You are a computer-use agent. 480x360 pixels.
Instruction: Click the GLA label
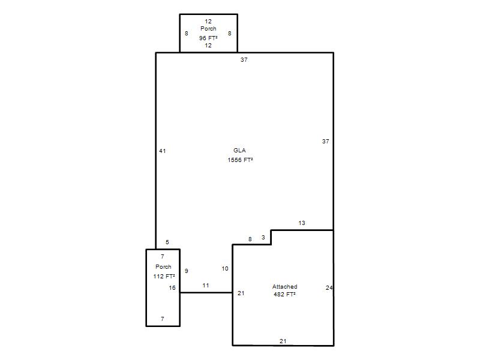click(x=239, y=151)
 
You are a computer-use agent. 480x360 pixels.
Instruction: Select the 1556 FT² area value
click(x=240, y=160)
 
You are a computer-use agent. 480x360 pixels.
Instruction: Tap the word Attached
click(x=284, y=287)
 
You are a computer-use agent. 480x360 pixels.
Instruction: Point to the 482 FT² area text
click(x=284, y=294)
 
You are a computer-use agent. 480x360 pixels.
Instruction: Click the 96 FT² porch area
click(x=208, y=38)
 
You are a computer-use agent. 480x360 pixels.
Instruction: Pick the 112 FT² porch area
click(x=164, y=276)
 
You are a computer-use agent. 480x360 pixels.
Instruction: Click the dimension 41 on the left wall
click(x=163, y=151)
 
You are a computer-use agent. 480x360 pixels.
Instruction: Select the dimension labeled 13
click(x=302, y=223)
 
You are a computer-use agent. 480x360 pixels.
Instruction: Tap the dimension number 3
click(x=263, y=237)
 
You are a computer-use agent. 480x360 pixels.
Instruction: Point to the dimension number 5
click(x=167, y=242)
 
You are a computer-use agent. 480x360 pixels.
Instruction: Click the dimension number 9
click(x=187, y=271)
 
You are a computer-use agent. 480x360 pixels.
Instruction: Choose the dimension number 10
click(x=225, y=268)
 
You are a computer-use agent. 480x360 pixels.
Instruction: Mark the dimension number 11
click(x=206, y=286)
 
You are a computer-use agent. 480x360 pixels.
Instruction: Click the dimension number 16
click(x=172, y=288)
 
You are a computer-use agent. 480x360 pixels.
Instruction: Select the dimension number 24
click(x=329, y=288)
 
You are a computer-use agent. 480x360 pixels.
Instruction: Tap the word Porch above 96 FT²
click(x=208, y=28)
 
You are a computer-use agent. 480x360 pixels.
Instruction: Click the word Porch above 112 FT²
click(x=163, y=266)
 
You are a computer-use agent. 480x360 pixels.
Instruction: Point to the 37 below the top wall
click(x=244, y=59)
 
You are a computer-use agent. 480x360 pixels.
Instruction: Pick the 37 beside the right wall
click(x=325, y=142)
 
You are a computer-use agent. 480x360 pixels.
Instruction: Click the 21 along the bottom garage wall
click(x=283, y=341)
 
